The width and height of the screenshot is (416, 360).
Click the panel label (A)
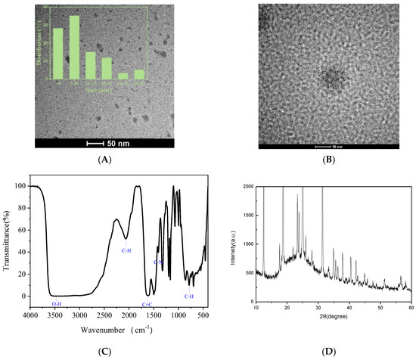pyautogui.click(x=104, y=160)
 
